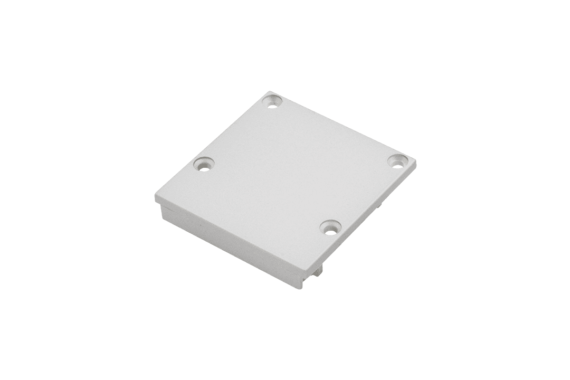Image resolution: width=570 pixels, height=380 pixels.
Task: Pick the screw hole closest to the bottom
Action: pos(329,227)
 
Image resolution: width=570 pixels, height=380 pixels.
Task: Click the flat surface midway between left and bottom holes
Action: pos(266,196)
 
